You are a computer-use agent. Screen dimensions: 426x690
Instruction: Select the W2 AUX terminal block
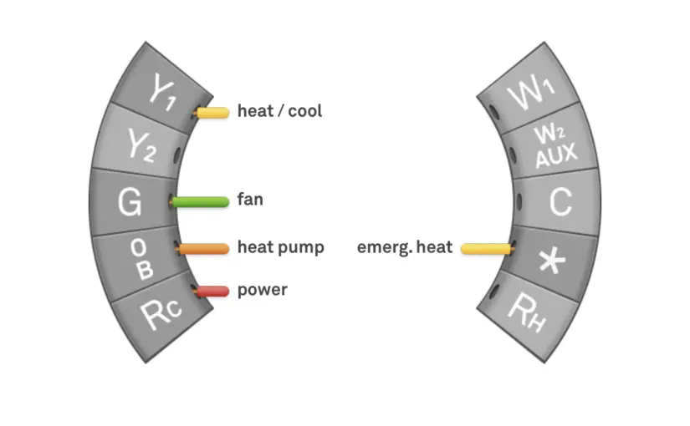[x=551, y=145]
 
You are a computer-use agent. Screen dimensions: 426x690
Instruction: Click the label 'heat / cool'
[x=279, y=112]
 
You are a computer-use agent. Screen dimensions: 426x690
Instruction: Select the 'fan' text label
[x=250, y=201]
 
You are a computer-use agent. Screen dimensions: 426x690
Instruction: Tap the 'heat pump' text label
[x=280, y=248]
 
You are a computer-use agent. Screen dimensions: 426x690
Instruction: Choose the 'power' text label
[x=262, y=291]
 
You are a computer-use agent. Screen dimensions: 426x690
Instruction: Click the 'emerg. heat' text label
[x=404, y=248]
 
